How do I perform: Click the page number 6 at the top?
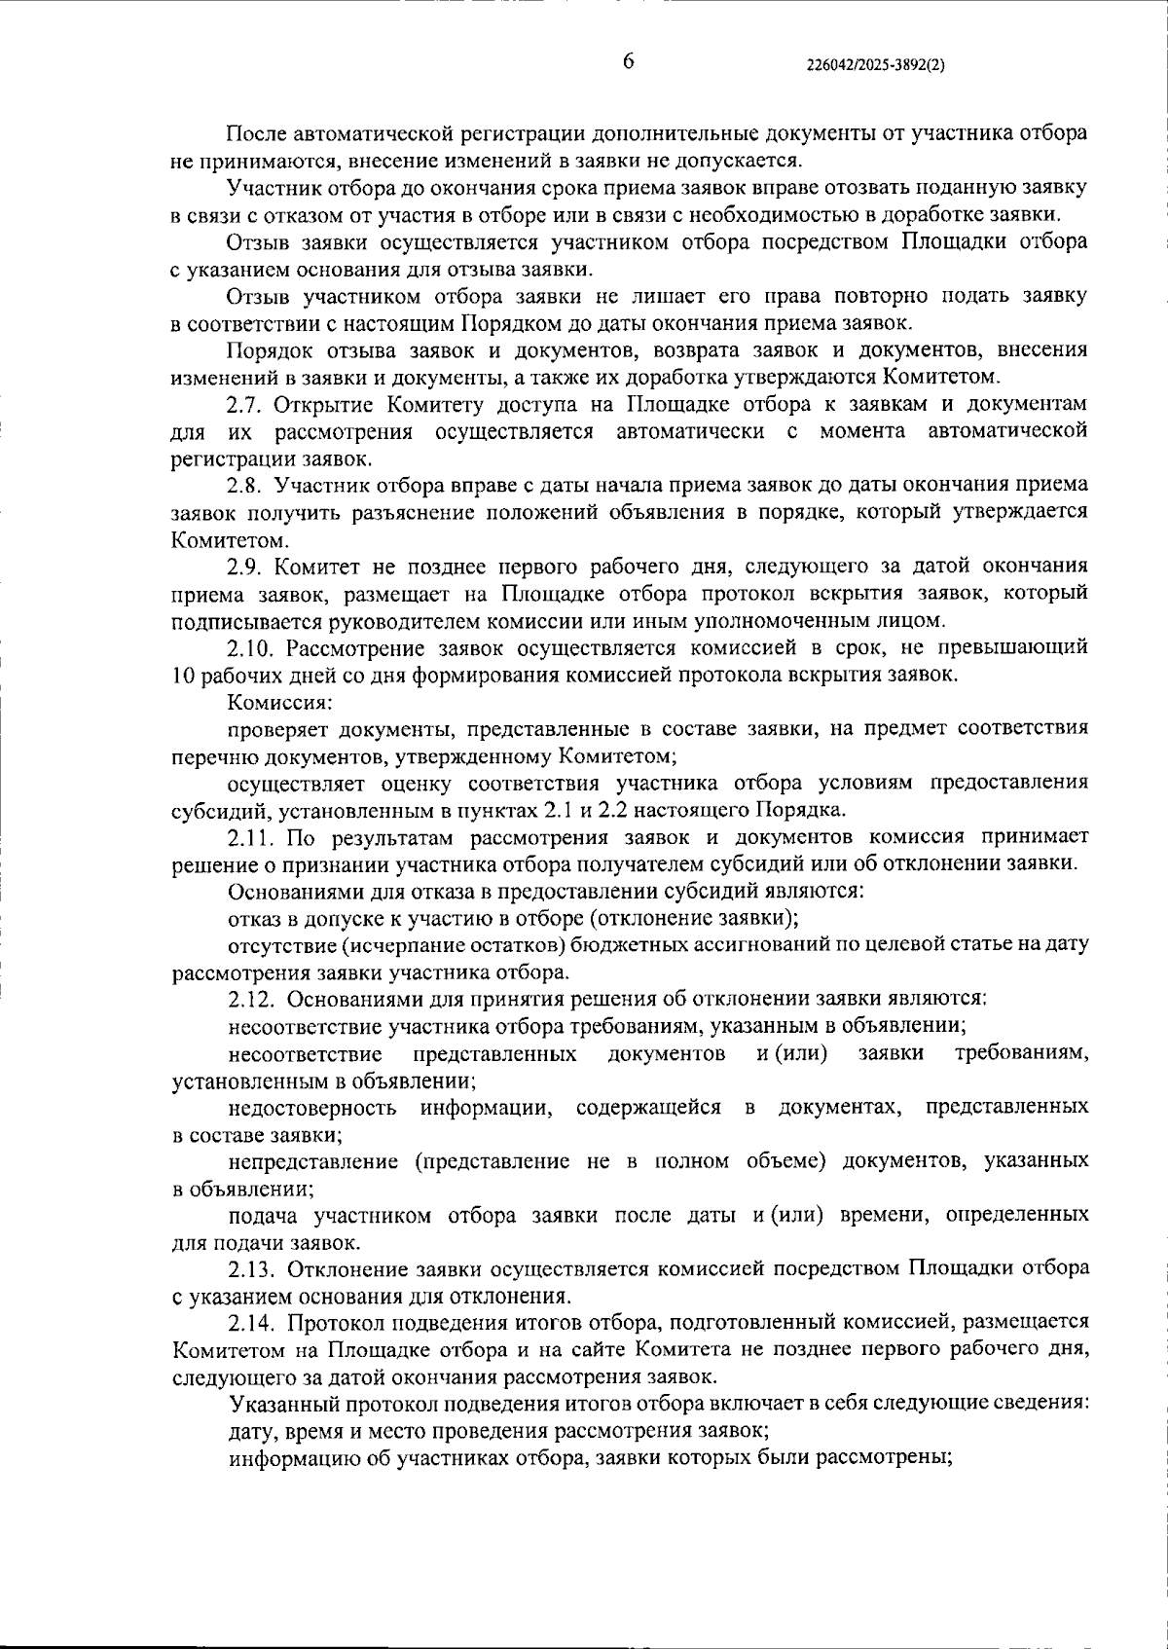628,61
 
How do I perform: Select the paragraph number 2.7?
242,404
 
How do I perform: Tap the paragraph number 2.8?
242,485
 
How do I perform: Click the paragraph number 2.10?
247,647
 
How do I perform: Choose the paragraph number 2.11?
247,836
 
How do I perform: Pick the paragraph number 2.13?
247,1269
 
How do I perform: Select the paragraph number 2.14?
247,1323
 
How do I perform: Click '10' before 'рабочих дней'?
181,675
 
